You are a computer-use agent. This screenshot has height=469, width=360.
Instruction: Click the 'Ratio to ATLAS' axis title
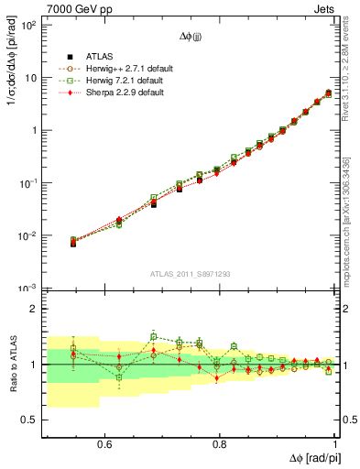coord(11,364)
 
